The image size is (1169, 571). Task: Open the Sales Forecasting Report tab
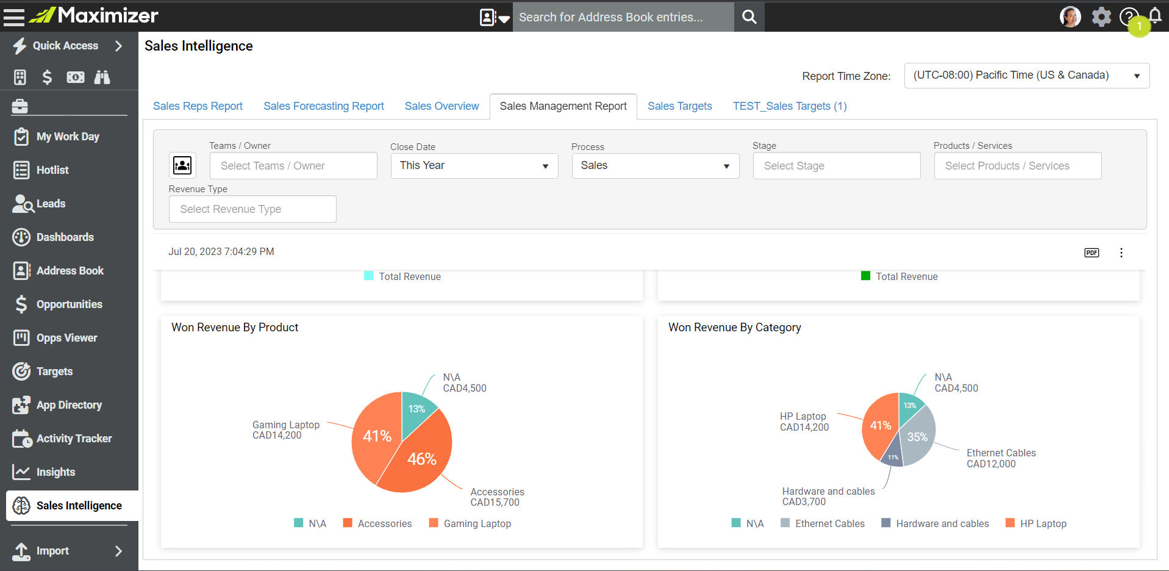pos(324,106)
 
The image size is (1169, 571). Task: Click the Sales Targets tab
pos(679,106)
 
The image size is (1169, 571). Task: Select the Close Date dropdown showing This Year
pos(474,166)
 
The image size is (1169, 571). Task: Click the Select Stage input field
pos(837,166)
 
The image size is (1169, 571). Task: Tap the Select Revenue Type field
pos(252,209)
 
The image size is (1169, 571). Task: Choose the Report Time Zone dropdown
pos(1027,76)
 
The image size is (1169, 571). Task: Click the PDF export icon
pos(1092,253)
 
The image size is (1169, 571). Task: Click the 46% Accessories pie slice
pos(421,461)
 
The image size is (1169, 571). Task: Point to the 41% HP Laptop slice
pos(879,426)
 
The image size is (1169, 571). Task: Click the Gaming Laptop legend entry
pos(470,523)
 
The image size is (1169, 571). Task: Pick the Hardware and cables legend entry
pos(935,523)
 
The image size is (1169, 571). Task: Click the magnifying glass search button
pos(749,17)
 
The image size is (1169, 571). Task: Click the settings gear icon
pos(1101,16)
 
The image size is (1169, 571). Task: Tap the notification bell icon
pos(1155,15)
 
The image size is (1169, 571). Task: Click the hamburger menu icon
pos(14,16)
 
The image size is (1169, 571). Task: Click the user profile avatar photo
pos(1070,16)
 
